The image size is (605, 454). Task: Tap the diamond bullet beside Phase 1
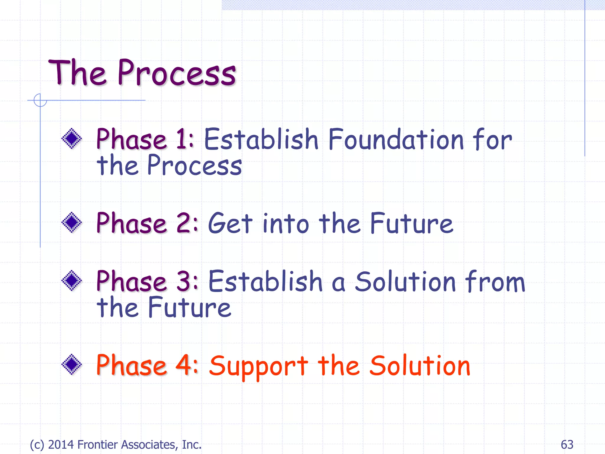(71, 138)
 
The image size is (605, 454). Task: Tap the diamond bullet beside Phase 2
(71, 222)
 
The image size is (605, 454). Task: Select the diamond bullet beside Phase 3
(71, 280)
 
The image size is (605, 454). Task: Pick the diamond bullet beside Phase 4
(71, 364)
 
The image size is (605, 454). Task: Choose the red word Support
(259, 367)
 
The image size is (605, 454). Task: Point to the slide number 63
(567, 445)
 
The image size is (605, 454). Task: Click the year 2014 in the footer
(61, 445)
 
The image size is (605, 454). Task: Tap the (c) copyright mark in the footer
(37, 445)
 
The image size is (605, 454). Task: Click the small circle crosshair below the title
(40, 100)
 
